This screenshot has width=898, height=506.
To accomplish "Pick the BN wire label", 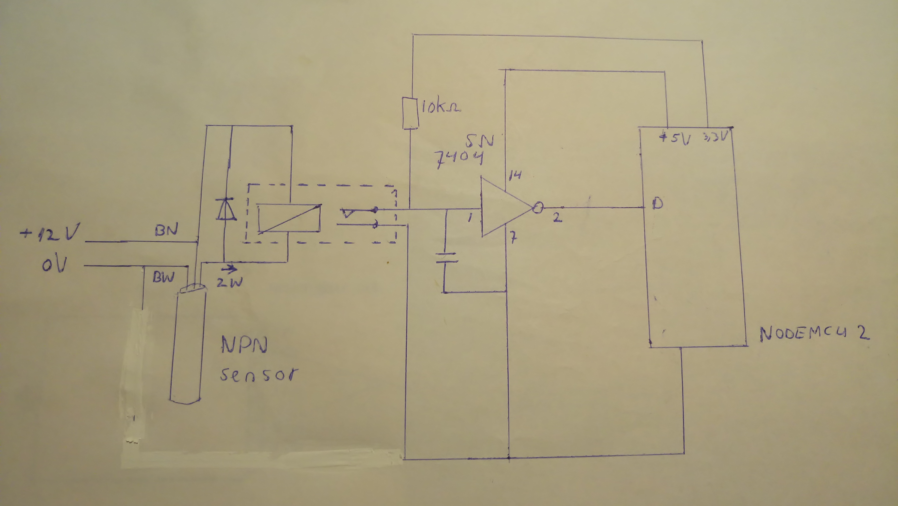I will (x=167, y=230).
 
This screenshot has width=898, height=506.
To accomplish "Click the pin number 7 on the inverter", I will (x=513, y=239).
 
